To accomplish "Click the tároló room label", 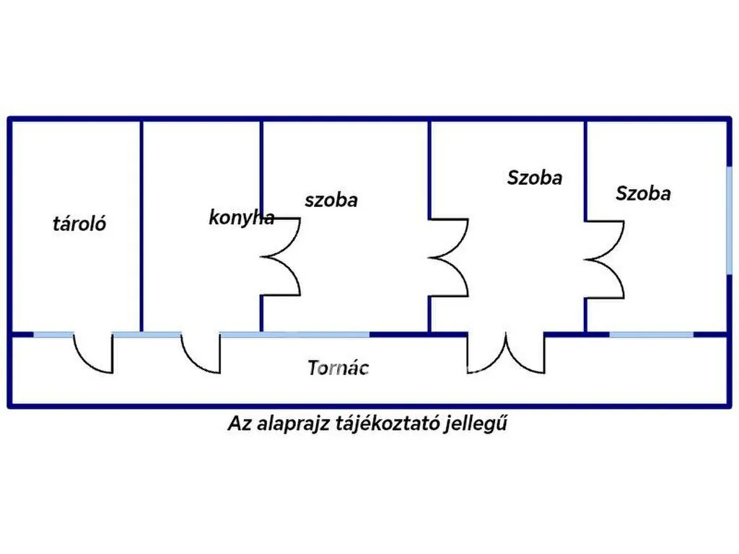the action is tap(79, 224).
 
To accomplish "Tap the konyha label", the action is tap(241, 218).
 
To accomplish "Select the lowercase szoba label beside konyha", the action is tap(331, 201).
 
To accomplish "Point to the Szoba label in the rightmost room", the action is tap(643, 193).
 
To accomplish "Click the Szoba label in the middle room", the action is tap(535, 177).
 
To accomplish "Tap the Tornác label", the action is tap(338, 367).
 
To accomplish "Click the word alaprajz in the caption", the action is tap(293, 423).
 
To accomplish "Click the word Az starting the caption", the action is tap(240, 423).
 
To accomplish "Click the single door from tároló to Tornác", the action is tap(93, 353).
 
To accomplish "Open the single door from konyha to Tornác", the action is tap(201, 353).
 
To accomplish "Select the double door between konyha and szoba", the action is tap(281, 257).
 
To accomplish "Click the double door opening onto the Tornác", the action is tap(506, 353).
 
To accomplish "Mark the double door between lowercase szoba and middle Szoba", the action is tap(449, 258).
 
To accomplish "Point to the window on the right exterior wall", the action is tap(729, 221).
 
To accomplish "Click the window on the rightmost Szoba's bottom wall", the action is tap(652, 335).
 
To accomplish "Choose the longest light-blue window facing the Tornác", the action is tap(294, 335).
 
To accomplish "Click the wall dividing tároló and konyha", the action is tap(141, 226).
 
